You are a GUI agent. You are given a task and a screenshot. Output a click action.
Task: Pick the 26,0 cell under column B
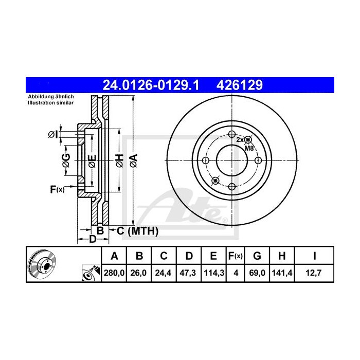pyautogui.click(x=139, y=274)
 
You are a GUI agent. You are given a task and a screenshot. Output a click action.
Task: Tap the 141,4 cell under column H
pyautogui.click(x=282, y=274)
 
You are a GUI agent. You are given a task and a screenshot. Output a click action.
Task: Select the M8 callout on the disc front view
pyautogui.click(x=249, y=148)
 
